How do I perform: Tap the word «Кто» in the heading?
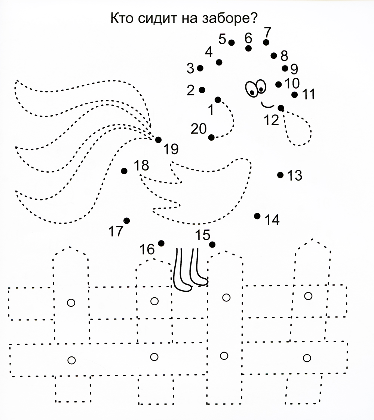click(x=122, y=18)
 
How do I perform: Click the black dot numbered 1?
click(x=218, y=100)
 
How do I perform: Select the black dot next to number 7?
click(x=266, y=42)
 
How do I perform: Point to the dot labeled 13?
click(x=280, y=175)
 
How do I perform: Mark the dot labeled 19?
click(x=158, y=140)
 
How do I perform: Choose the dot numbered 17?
click(x=127, y=221)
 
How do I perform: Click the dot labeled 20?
click(x=211, y=137)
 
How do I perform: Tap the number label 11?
click(x=309, y=94)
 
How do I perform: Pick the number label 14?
click(x=272, y=220)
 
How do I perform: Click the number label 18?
click(x=141, y=165)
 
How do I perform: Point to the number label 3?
click(x=190, y=68)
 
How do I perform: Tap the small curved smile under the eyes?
click(x=267, y=104)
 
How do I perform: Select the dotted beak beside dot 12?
click(x=297, y=127)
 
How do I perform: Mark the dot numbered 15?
click(x=212, y=245)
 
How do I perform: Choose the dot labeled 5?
click(x=232, y=42)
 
